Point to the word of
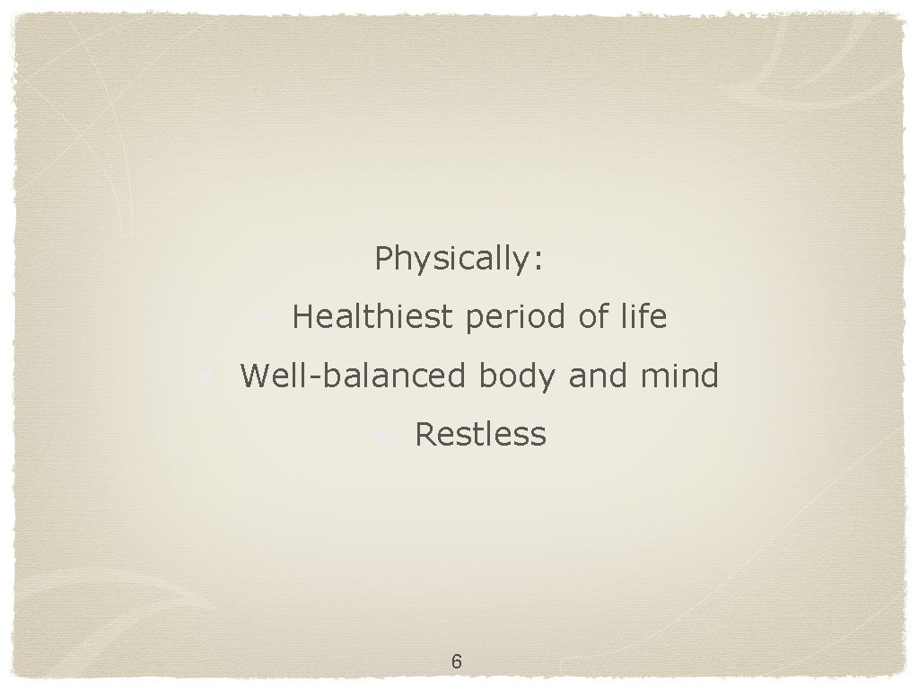pos(591,317)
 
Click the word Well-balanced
pos(354,375)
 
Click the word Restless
pos(480,434)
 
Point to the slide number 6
pos(457,662)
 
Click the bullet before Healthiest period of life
pos(258,318)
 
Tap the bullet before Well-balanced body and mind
pos(207,376)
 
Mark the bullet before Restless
pos(381,436)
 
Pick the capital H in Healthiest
pos(302,317)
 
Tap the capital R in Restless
pos(424,434)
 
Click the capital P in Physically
pos(383,258)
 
